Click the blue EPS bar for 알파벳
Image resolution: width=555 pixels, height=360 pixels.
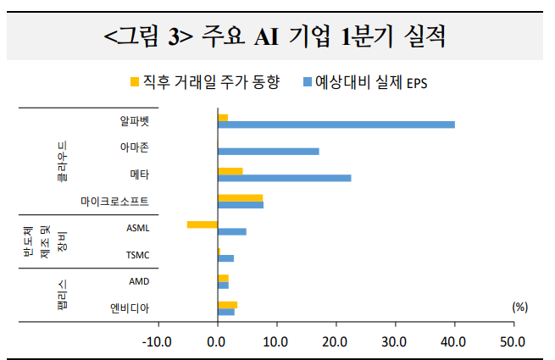click(336, 125)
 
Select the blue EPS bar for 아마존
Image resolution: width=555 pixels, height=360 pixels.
click(268, 152)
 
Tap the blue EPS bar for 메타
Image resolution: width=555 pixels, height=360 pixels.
click(284, 178)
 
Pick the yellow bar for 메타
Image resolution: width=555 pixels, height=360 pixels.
click(230, 171)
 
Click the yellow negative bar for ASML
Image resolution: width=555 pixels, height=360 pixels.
click(202, 224)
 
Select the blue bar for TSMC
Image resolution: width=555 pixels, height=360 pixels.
click(225, 258)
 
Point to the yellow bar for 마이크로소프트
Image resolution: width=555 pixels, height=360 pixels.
click(240, 197)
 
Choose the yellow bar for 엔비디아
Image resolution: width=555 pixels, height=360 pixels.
click(227, 304)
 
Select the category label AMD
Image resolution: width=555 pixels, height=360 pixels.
click(139, 280)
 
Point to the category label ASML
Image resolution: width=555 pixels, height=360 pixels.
click(137, 228)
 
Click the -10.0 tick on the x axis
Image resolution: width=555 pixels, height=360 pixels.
click(158, 341)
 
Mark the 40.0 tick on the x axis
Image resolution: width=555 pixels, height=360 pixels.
click(454, 341)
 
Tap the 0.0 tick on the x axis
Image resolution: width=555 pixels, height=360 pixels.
click(217, 341)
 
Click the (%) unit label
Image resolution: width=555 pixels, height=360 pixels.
click(520, 307)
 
